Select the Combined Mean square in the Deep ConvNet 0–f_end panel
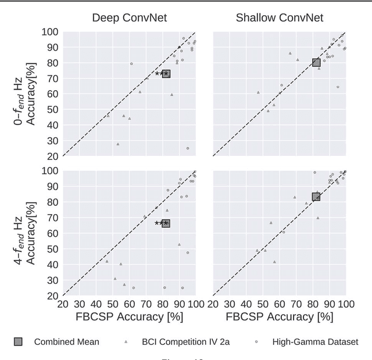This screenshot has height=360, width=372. pos(166,74)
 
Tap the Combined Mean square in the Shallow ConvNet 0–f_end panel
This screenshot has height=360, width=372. pos(316,62)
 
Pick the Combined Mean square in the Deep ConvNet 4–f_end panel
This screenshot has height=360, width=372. pos(166,223)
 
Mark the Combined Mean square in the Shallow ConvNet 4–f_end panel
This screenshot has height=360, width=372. pos(316,197)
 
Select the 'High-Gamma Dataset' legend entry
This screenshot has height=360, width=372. pos(314,342)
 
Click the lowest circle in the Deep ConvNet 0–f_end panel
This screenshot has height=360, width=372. pos(187,148)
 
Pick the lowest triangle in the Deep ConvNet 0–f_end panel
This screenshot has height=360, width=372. pos(118,144)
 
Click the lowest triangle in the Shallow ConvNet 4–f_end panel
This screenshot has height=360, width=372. pos(274,262)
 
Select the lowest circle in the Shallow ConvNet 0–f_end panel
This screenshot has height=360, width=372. pos(338,87)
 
